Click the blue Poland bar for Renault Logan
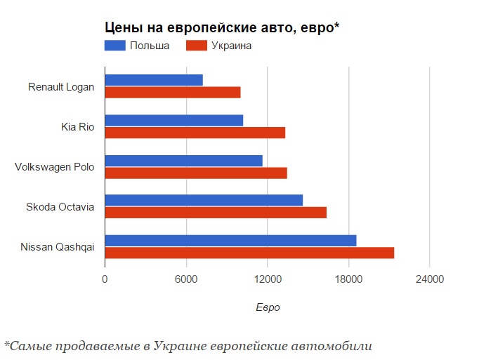(154, 80)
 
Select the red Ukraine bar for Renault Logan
(173, 92)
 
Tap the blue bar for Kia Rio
(174, 120)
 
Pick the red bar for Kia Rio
(195, 133)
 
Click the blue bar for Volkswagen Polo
(183, 160)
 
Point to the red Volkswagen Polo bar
(196, 173)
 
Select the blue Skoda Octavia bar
(204, 200)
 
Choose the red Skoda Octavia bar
(216, 213)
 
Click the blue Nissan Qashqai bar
(230, 241)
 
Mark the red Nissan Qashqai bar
(249, 253)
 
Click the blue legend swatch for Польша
(115, 46)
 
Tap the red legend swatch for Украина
(197, 46)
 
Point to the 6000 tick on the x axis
(186, 279)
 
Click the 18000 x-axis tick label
(348, 279)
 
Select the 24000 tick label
(429, 279)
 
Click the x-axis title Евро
(268, 307)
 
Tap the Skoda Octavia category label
(60, 206)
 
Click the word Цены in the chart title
(122, 27)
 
